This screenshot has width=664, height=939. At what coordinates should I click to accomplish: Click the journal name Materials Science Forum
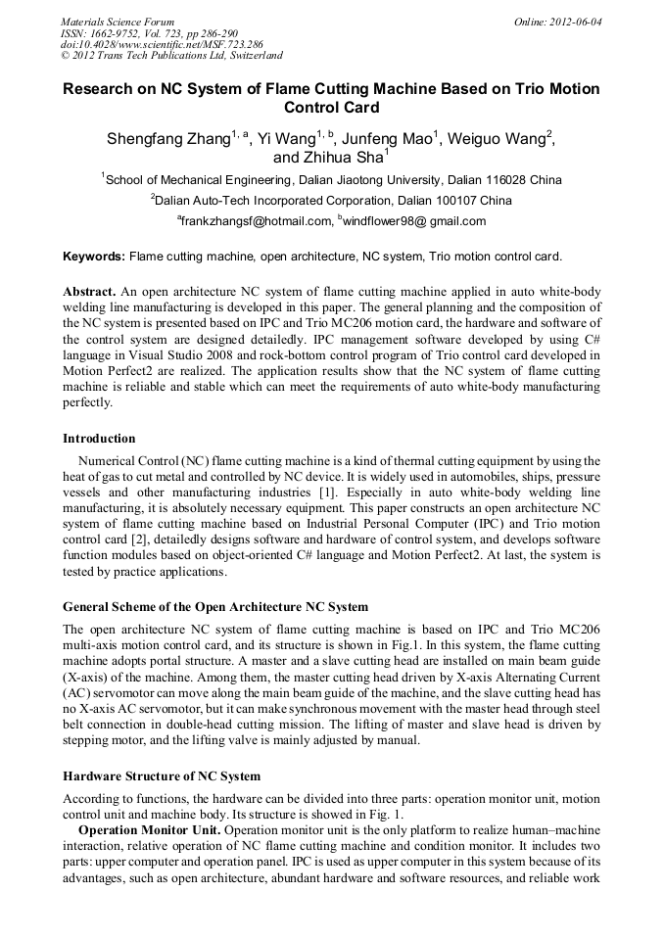(118, 22)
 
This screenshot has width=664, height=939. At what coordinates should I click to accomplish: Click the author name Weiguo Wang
(496, 138)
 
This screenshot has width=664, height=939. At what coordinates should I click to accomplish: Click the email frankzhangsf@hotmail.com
(257, 221)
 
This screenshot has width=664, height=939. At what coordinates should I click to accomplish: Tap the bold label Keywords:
(94, 257)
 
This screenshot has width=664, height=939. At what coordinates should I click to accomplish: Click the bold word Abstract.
(90, 292)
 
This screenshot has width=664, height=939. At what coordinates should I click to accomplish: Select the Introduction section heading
(99, 438)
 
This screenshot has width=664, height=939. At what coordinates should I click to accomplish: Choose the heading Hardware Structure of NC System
(162, 775)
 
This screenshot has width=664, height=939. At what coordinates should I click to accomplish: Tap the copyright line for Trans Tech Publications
(171, 56)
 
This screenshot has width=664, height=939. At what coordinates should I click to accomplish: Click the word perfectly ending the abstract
(88, 401)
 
